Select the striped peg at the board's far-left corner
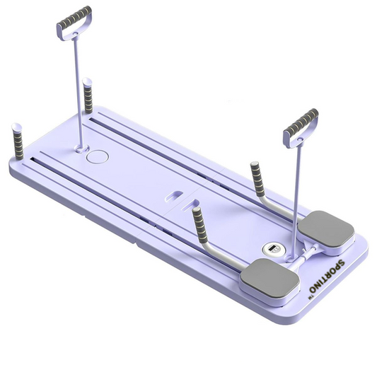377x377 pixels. (x=18, y=141)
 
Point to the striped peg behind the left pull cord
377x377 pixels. (x=88, y=96)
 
